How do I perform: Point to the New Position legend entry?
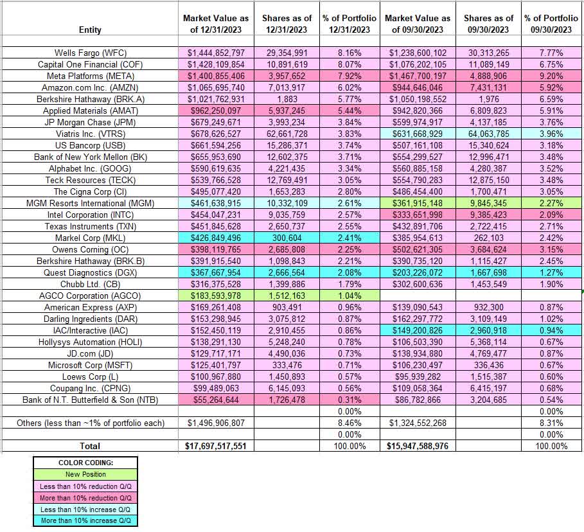[x=85, y=474]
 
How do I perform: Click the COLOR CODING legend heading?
[x=85, y=463]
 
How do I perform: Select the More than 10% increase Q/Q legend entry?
[x=85, y=520]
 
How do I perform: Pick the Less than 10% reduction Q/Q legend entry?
[x=85, y=486]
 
